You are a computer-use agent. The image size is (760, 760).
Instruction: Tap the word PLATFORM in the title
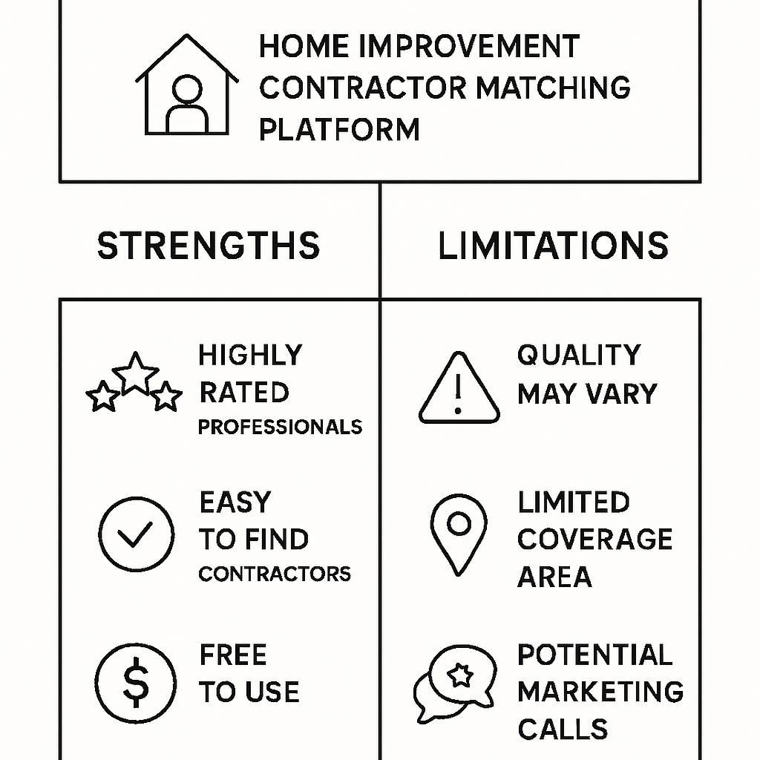click(x=339, y=129)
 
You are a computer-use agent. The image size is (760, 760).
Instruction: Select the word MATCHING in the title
click(x=553, y=88)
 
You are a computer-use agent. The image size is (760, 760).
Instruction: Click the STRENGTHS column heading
click(x=209, y=246)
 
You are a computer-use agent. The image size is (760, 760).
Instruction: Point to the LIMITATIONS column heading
click(x=553, y=246)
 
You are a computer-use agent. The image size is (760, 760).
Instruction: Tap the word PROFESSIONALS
click(x=280, y=427)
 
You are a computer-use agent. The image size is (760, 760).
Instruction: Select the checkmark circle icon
click(x=136, y=534)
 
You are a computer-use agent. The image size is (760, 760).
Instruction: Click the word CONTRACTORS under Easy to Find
click(x=275, y=574)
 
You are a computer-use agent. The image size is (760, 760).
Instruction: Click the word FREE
click(x=233, y=656)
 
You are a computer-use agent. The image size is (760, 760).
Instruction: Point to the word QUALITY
click(x=579, y=356)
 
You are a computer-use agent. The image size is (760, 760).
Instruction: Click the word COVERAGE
click(x=594, y=540)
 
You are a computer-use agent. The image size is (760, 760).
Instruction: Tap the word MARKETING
click(x=600, y=692)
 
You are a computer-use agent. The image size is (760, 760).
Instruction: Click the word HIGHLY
click(x=250, y=356)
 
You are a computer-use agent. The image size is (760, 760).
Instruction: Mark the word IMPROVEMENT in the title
click(x=468, y=47)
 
